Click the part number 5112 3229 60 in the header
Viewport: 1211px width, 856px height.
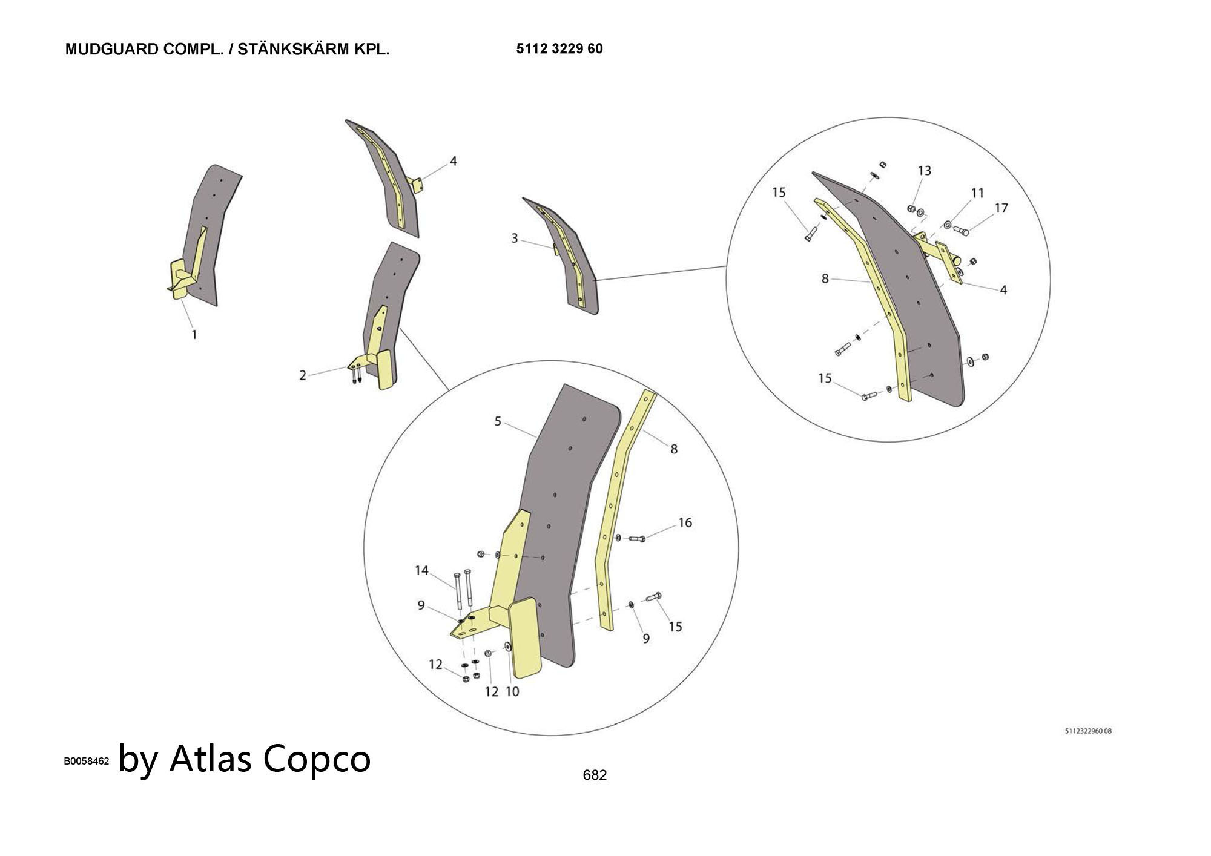click(x=559, y=49)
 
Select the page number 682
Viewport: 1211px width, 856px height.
click(x=594, y=775)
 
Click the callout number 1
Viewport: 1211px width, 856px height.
click(x=194, y=334)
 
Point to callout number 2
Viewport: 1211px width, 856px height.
click(x=303, y=375)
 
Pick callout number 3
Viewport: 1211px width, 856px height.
click(x=514, y=239)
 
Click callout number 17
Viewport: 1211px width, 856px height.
click(x=1001, y=208)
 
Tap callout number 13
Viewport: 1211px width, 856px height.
click(x=924, y=171)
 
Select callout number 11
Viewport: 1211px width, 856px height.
click(x=977, y=193)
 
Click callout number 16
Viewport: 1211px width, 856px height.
click(x=685, y=522)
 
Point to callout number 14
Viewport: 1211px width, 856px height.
click(x=421, y=570)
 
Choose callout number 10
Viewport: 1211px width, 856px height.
click(x=512, y=691)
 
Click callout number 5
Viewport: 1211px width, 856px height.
click(x=498, y=421)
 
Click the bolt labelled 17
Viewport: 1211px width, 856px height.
click(x=960, y=231)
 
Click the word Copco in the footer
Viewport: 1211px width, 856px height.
click(x=317, y=758)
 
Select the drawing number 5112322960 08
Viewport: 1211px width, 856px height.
click(x=1087, y=731)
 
